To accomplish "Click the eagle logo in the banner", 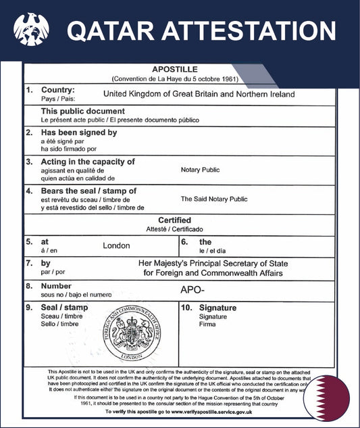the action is pos(31,30).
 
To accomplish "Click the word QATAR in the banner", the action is pos(108,30).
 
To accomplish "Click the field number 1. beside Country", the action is pos(29,90).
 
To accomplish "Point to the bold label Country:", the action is pos(58,90).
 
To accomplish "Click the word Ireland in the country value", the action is pos(280,95).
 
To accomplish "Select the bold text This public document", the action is pos(83,111).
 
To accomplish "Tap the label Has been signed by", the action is pos(79,133).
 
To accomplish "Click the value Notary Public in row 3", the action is pos(200,170).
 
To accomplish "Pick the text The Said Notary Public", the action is pos(214,199).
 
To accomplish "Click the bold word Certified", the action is pos(174,220).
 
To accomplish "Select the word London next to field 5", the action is pos(116,245).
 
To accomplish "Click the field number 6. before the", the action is pos(184,241).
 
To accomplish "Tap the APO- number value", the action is pos(193,289).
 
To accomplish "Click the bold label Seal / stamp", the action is pos(64,308).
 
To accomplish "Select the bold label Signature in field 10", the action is pos(218,308).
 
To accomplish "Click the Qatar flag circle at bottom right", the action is pos(326,398).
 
